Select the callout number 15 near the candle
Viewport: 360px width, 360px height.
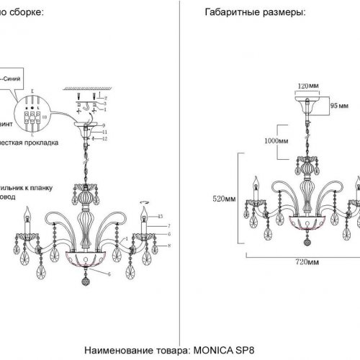pos(161,217)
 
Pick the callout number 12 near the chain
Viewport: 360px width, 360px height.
pos(104,138)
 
